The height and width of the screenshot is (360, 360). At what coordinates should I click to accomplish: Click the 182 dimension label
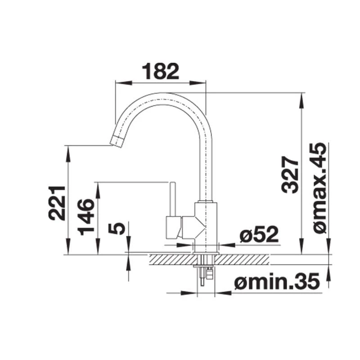pyautogui.click(x=161, y=72)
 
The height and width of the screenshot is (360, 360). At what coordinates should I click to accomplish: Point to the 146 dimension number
pyautogui.click(x=86, y=217)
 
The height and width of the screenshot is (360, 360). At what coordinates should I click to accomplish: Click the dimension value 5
pyautogui.click(x=117, y=228)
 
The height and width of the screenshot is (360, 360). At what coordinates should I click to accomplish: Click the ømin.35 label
pyautogui.click(x=276, y=282)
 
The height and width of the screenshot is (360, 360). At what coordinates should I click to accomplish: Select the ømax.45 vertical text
pyautogui.click(x=320, y=188)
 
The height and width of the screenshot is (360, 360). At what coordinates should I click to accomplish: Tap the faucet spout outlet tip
pyautogui.click(x=117, y=141)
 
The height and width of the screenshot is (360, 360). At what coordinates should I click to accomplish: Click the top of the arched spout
pyautogui.click(x=162, y=96)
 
